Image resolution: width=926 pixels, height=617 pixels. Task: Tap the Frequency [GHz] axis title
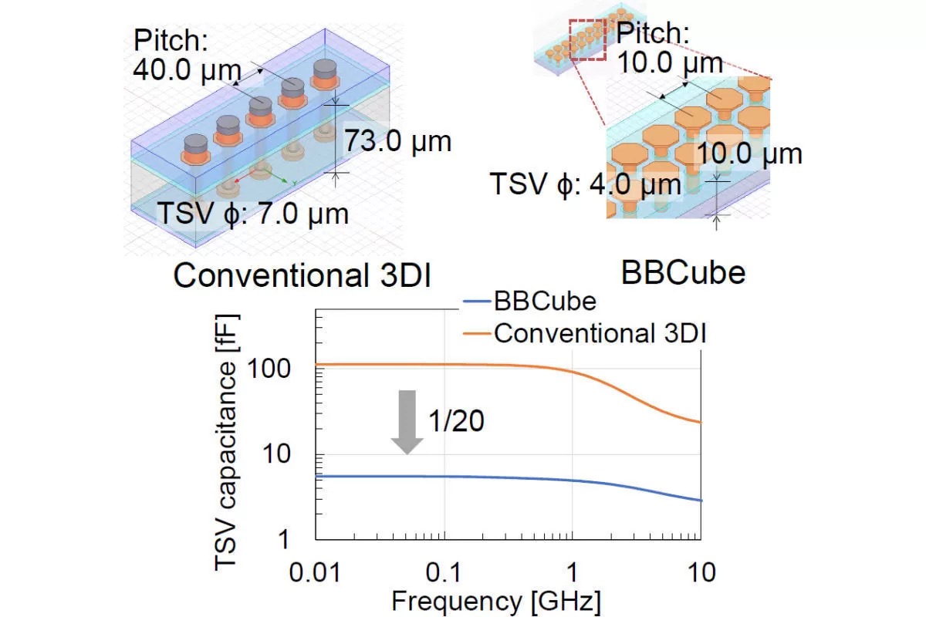[x=496, y=601]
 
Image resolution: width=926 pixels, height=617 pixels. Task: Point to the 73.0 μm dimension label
[x=397, y=141]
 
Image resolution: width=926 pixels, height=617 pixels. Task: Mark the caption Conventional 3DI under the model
[x=301, y=275]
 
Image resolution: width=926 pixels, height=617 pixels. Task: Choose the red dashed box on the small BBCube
[x=588, y=39]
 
